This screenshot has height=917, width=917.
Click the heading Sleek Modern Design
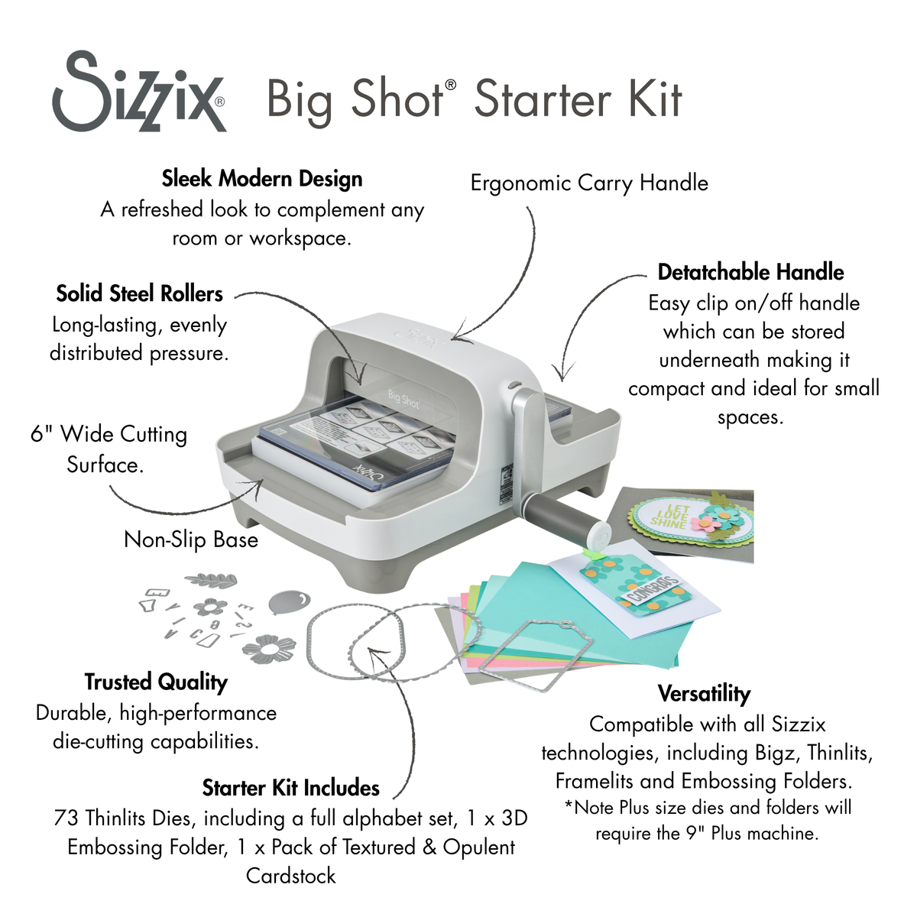[262, 179]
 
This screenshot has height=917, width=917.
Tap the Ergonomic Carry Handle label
[588, 183]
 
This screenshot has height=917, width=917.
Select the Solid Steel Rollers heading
[139, 293]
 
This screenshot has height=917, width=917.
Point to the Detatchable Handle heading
[750, 272]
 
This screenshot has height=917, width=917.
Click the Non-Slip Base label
[191, 540]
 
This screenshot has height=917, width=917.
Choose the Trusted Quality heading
[156, 682]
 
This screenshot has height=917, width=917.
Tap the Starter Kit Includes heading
[290, 788]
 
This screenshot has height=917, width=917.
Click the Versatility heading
[704, 693]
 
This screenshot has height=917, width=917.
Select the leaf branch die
[211, 581]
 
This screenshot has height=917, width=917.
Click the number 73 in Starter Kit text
[66, 818]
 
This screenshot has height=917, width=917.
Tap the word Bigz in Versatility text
[776, 753]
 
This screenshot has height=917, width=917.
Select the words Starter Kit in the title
[578, 99]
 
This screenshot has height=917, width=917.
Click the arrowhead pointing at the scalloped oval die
[372, 651]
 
